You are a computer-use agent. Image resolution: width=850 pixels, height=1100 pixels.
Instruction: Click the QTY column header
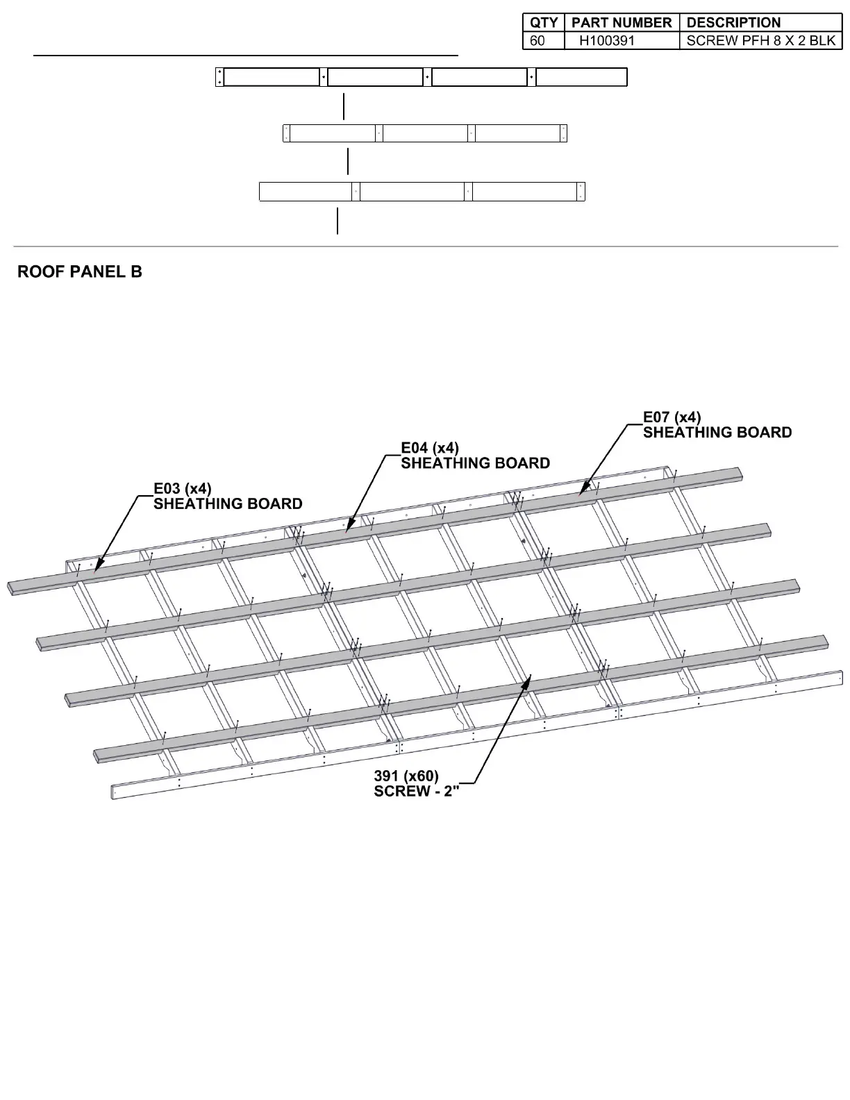click(543, 23)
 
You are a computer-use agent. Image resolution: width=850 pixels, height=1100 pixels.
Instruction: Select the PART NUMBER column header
click(622, 23)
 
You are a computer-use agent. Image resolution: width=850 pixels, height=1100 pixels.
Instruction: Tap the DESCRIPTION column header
click(733, 23)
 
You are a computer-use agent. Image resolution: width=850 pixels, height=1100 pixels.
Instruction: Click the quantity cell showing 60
click(537, 40)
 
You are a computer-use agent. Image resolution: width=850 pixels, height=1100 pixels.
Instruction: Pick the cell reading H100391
click(607, 40)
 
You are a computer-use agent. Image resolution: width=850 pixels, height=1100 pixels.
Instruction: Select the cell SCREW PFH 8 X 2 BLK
click(760, 40)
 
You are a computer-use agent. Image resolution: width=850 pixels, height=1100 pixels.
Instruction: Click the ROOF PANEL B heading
click(80, 272)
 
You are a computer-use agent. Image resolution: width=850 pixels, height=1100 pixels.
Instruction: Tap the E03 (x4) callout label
click(183, 489)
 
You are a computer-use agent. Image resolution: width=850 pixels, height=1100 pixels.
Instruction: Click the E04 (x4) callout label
click(430, 448)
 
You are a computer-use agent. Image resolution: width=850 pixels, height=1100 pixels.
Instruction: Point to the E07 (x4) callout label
click(672, 417)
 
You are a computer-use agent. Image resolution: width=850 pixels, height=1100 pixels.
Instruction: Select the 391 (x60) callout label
click(406, 776)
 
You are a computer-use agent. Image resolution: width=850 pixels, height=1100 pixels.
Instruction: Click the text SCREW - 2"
click(417, 792)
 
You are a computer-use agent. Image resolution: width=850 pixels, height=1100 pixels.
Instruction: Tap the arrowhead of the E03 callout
click(96, 568)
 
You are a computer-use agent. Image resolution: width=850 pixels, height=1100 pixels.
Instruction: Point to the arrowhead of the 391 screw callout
click(529, 676)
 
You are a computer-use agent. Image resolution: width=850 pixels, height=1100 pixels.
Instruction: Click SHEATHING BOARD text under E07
click(717, 433)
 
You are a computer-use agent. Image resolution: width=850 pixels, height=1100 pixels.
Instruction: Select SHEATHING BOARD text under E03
click(228, 504)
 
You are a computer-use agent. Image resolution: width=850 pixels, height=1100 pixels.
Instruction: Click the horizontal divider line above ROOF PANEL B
click(425, 247)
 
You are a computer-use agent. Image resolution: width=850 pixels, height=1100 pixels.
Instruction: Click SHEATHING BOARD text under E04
click(476, 463)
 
